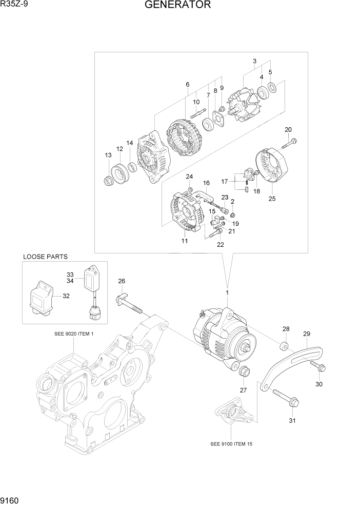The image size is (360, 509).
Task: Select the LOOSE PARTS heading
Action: coord(45,257)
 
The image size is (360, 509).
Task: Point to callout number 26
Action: coord(122,281)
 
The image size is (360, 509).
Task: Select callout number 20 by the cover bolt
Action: coord(288,129)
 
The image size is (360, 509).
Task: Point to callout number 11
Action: coord(184,241)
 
